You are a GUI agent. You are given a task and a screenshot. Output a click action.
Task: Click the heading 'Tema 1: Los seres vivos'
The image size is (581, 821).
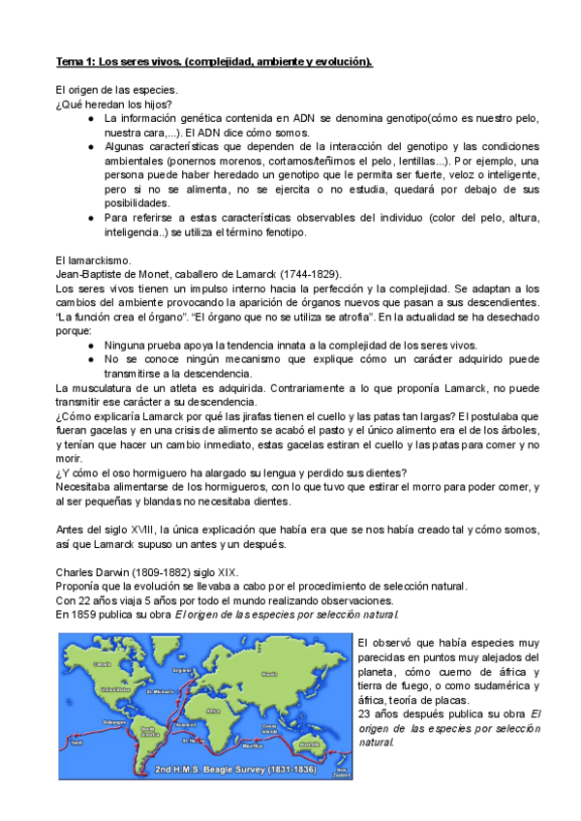click(x=213, y=62)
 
